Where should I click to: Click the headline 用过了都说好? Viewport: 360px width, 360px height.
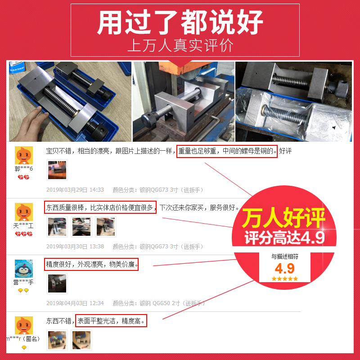(x=180, y=22)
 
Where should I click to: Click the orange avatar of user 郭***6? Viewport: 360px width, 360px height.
(x=23, y=155)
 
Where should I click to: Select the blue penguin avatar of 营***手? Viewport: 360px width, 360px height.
(x=23, y=269)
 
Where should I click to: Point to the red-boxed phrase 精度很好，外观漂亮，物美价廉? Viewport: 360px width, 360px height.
(x=91, y=264)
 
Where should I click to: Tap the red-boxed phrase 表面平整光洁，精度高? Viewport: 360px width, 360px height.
(x=112, y=321)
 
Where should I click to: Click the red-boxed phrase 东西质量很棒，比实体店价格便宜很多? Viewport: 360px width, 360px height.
(x=100, y=207)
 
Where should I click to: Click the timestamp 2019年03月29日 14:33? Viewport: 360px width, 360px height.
(x=75, y=190)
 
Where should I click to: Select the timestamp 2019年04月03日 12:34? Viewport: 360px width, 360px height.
(x=75, y=303)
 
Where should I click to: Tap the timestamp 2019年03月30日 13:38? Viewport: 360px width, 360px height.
(x=75, y=247)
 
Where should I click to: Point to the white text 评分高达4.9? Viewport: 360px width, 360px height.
(x=284, y=238)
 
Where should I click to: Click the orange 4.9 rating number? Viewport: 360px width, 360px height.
(x=284, y=269)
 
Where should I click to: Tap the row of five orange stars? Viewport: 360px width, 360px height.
(x=284, y=279)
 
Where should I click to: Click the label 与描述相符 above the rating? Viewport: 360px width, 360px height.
(x=284, y=256)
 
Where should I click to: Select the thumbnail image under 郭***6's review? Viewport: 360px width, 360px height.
(x=57, y=170)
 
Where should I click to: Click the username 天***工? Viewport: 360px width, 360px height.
(x=23, y=225)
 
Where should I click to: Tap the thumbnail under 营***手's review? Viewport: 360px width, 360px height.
(x=57, y=283)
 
